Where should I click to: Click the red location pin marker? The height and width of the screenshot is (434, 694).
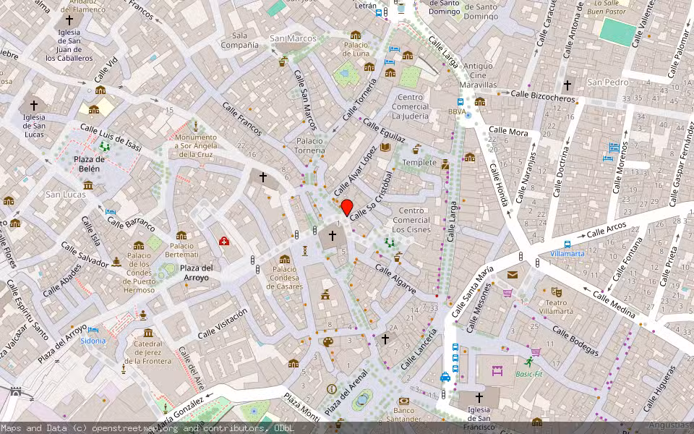(346, 207)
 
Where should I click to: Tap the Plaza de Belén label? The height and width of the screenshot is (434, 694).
(90, 163)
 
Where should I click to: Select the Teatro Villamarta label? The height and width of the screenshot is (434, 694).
(555, 307)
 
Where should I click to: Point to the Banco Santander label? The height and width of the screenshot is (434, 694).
(403, 414)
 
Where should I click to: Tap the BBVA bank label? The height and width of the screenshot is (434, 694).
(457, 112)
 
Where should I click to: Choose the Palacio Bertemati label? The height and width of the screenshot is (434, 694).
(181, 250)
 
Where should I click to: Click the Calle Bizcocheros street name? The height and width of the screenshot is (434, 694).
(542, 95)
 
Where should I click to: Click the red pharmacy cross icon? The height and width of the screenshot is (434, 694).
(224, 241)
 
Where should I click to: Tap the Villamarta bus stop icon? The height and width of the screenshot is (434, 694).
(567, 244)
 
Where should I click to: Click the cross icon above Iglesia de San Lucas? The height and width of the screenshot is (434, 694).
(33, 105)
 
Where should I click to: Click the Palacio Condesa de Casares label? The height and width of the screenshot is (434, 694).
(284, 278)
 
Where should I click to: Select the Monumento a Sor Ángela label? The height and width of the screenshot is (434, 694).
(195, 145)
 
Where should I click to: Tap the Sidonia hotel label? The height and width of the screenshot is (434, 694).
(93, 340)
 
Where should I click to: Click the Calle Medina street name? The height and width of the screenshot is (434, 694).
(613, 305)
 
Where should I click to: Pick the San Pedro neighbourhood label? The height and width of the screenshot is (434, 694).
(608, 82)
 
